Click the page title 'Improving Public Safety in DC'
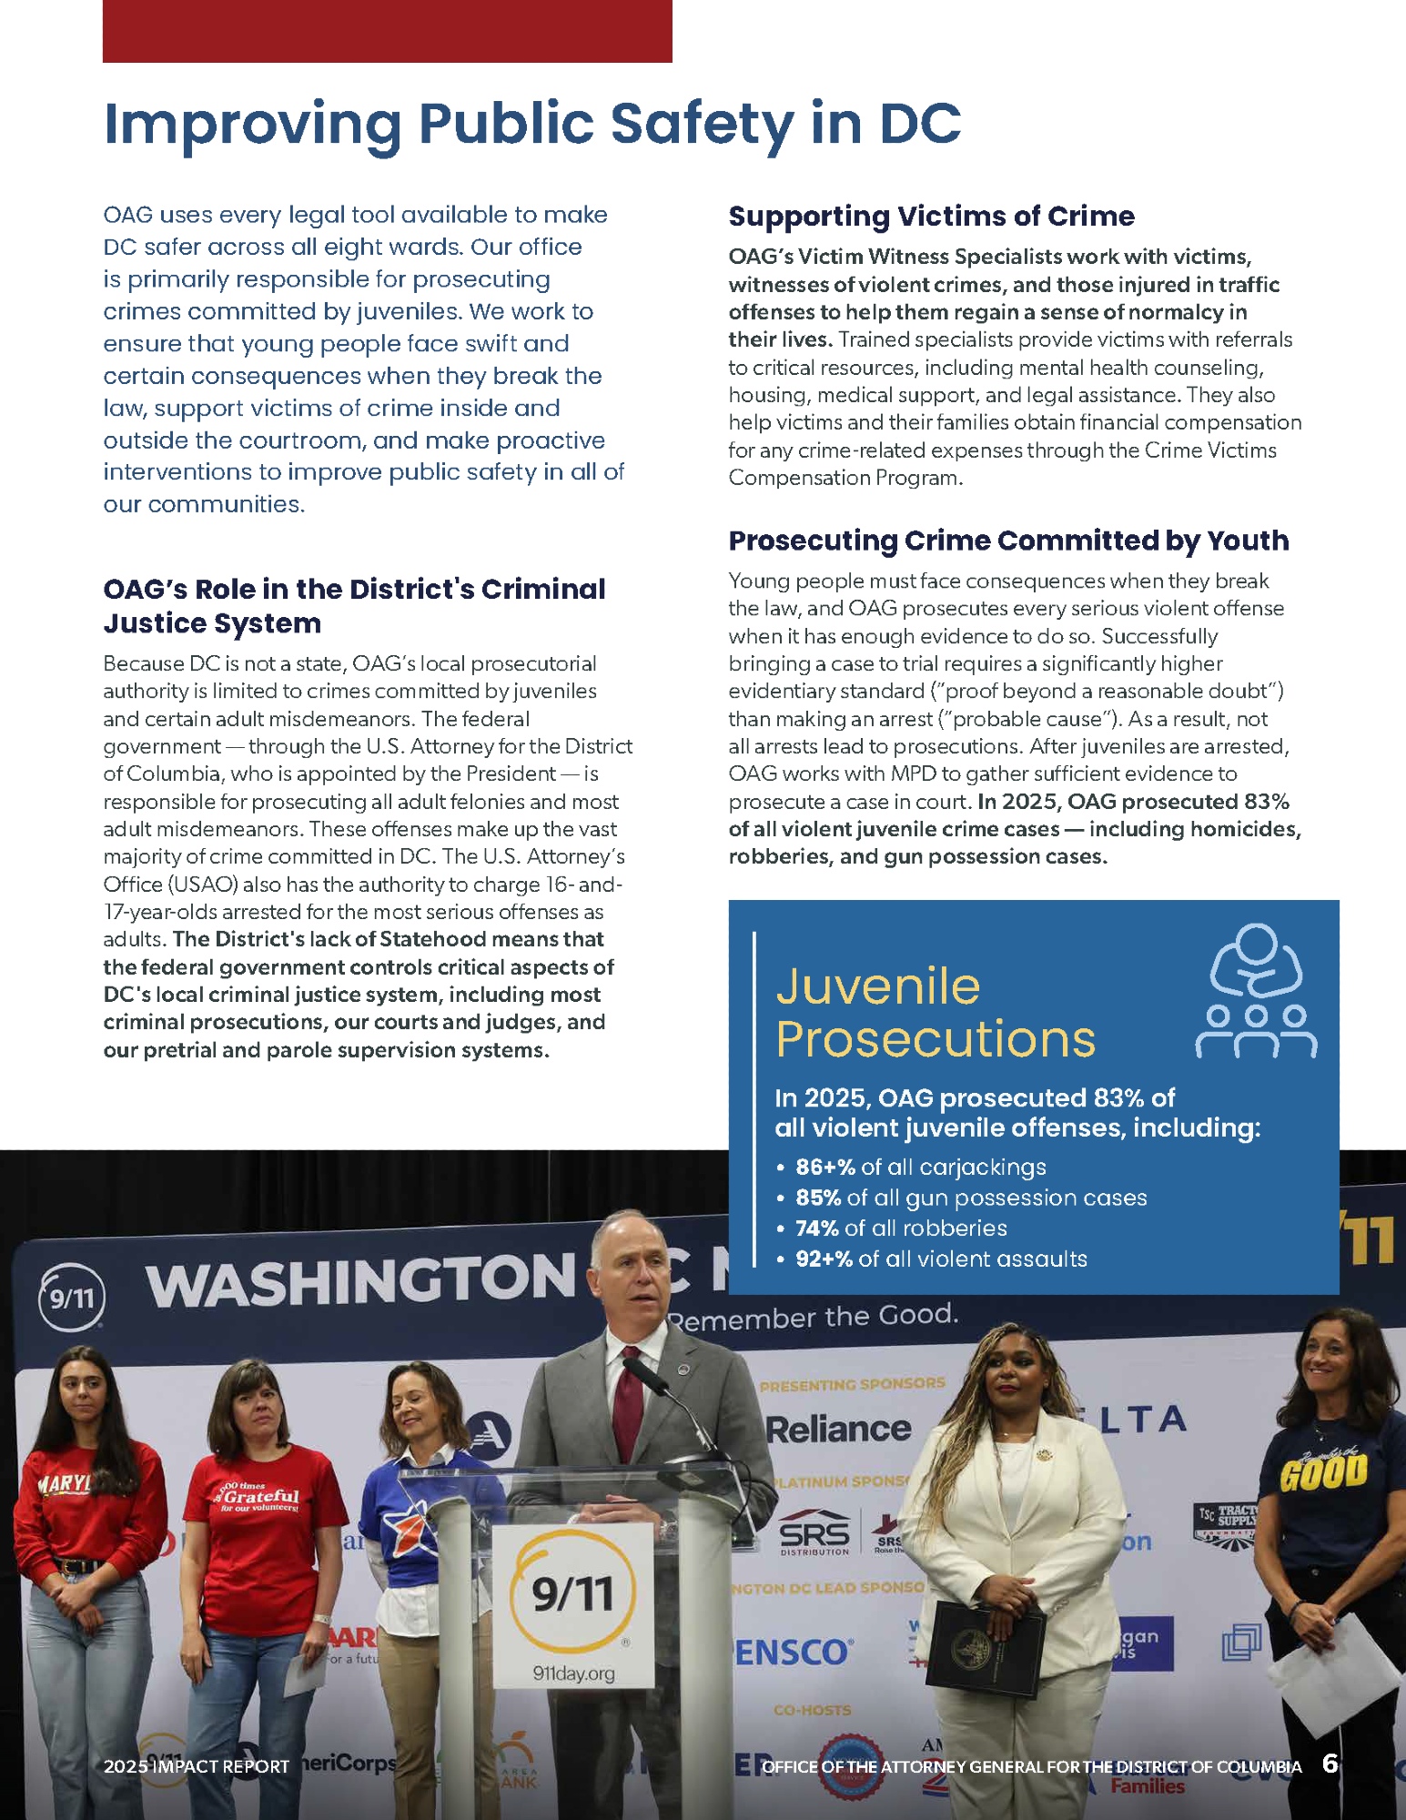click(532, 124)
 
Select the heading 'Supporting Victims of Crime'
click(931, 217)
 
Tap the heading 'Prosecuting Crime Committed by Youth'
click(1008, 541)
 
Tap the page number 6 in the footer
click(1330, 1764)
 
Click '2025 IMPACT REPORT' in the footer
click(196, 1766)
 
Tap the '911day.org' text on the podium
click(573, 1673)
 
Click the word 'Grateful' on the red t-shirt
click(261, 1496)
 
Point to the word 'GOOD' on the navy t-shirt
click(1323, 1472)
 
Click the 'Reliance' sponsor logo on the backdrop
click(837, 1429)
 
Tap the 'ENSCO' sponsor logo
click(793, 1652)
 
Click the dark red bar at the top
click(387, 31)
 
